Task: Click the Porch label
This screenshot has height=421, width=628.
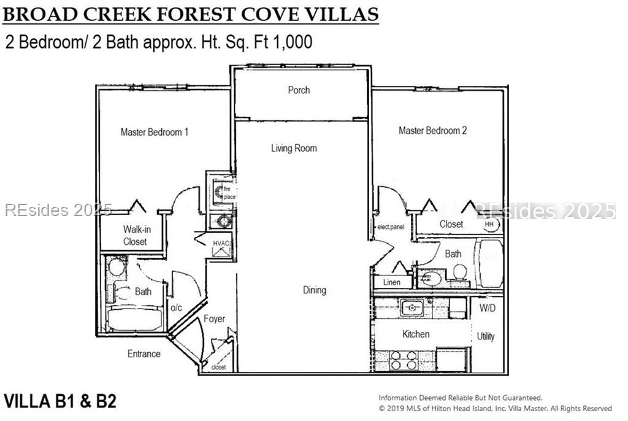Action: (x=299, y=90)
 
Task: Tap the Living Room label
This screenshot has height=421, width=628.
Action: (x=294, y=148)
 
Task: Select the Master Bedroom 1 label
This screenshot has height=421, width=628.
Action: (x=154, y=132)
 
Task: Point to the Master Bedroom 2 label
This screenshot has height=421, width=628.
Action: (x=432, y=130)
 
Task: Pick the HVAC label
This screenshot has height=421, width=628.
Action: (x=221, y=244)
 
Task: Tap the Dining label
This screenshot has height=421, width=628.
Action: (x=314, y=290)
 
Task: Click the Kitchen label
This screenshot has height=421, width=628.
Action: (x=415, y=334)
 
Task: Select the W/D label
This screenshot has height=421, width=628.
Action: (x=488, y=307)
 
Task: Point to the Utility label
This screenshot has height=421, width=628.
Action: (x=486, y=336)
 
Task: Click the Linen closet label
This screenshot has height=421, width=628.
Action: (x=391, y=282)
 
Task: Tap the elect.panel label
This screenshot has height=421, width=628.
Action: (x=392, y=227)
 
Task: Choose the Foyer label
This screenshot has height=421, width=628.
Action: (x=214, y=319)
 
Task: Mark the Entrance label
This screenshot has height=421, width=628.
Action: (x=144, y=353)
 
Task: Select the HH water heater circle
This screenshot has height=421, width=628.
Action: (x=489, y=225)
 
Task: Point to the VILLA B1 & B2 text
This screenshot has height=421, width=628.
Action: (x=60, y=401)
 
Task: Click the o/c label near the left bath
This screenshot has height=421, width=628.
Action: (x=175, y=307)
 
